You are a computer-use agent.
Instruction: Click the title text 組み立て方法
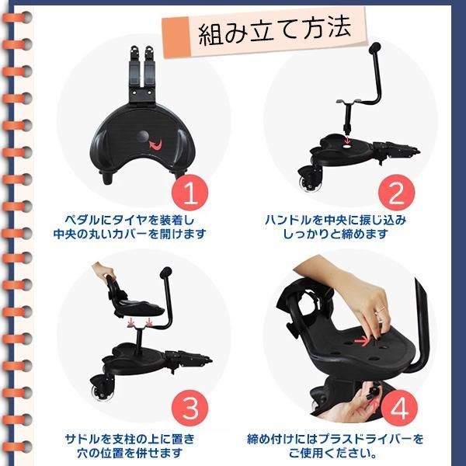(275, 30)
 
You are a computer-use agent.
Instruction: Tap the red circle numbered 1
(190, 193)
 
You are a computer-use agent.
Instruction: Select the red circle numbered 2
(396, 193)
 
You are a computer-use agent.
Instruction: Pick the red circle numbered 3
(190, 408)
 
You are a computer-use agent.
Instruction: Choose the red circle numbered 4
(399, 408)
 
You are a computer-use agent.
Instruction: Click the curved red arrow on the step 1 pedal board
(156, 144)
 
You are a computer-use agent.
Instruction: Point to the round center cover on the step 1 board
(143, 137)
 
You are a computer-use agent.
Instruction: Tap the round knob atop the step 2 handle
(374, 47)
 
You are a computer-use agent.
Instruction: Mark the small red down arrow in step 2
(347, 139)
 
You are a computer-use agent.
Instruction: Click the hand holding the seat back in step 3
(103, 270)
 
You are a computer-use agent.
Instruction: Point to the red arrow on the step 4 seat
(362, 341)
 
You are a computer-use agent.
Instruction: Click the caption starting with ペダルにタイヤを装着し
(130, 221)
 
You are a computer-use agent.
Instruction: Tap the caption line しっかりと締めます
(336, 234)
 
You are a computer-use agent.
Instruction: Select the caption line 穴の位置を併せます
(130, 453)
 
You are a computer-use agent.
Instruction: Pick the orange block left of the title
(176, 38)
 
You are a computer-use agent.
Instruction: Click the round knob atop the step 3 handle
(166, 272)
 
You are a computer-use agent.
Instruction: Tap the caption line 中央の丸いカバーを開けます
(130, 234)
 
